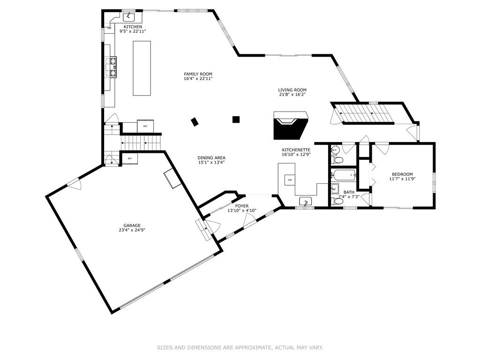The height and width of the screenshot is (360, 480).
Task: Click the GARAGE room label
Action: [x=132, y=225]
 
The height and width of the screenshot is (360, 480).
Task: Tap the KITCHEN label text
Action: [x=133, y=27]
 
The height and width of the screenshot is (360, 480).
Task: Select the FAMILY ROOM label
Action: [x=198, y=74]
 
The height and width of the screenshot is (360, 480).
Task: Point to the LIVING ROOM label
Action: [x=292, y=90]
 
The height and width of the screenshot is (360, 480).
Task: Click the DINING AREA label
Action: [x=211, y=158]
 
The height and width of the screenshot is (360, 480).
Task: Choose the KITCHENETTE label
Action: [x=296, y=150]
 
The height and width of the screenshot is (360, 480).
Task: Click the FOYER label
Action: [x=242, y=206]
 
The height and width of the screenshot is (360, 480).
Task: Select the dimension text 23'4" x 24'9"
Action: [x=132, y=230]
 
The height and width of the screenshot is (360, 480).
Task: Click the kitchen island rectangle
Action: [x=142, y=68]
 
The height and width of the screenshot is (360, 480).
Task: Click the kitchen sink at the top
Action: [x=129, y=16]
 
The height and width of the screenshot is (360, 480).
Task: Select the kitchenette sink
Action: [x=305, y=202]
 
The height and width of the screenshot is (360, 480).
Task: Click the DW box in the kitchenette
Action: [x=290, y=180]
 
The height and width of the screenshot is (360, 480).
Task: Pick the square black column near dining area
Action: [x=236, y=120]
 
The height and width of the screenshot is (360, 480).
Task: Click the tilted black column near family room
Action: [x=195, y=122]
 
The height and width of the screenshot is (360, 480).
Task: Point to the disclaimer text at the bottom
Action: [x=240, y=347]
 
